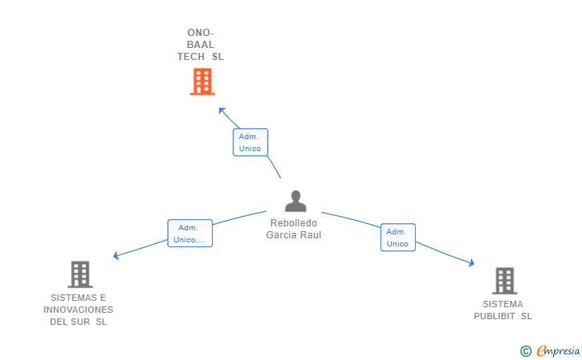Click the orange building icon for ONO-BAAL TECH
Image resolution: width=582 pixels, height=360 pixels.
(x=202, y=82)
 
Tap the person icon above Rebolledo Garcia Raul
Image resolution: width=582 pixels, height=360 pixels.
(x=295, y=202)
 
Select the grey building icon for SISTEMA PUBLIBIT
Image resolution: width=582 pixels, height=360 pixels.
(x=504, y=281)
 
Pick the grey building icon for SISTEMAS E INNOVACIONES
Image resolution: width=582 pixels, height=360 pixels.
(x=79, y=274)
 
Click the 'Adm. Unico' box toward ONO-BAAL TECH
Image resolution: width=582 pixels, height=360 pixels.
(x=250, y=142)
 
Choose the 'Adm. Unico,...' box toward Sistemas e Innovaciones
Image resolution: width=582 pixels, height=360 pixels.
(x=189, y=234)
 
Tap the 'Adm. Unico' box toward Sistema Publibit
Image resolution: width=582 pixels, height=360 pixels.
(x=397, y=238)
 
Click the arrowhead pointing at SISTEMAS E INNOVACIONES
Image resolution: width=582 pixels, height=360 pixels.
(x=117, y=255)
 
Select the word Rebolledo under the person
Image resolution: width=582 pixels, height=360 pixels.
(x=293, y=223)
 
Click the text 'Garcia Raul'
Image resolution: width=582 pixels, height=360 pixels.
(x=293, y=235)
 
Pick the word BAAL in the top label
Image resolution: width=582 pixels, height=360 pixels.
(x=200, y=45)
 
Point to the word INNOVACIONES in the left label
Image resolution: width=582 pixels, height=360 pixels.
(x=78, y=310)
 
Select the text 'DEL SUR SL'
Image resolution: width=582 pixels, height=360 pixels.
(x=78, y=322)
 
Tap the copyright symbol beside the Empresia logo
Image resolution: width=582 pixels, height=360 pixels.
(x=525, y=350)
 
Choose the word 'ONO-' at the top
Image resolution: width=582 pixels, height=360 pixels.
(x=200, y=33)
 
